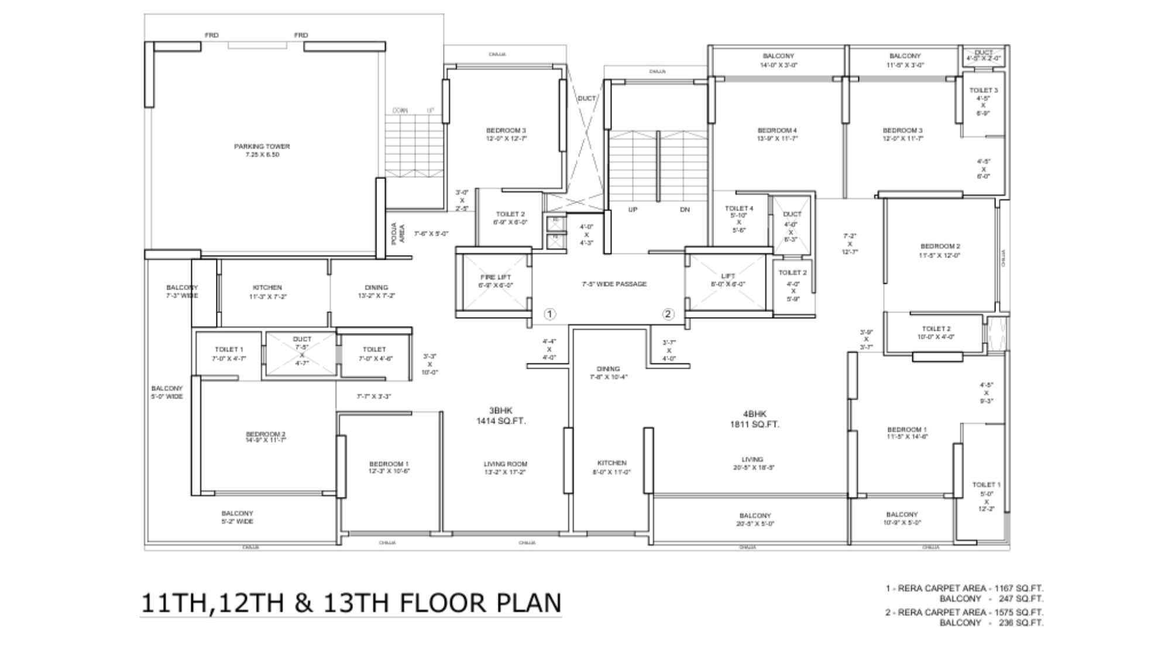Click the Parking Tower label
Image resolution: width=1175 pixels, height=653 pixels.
pos(262,150)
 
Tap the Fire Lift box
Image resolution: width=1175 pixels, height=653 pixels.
pos(495,281)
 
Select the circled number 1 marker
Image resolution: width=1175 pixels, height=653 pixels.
pos(549,314)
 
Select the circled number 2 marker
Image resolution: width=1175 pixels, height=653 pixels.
pos(668,314)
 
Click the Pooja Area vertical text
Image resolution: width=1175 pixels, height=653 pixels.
pos(397,233)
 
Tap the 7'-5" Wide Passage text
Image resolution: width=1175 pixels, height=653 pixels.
pos(614,284)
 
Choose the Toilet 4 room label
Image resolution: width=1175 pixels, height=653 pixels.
pos(739,219)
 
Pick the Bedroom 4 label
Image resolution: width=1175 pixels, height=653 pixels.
pos(777,134)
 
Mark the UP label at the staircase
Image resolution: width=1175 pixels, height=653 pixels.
pos(633,209)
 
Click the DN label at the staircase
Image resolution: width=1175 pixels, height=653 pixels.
pos(685,209)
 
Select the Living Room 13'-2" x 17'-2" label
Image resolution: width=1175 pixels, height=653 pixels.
pos(506,468)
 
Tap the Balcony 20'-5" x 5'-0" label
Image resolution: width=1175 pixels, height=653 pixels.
pos(755,520)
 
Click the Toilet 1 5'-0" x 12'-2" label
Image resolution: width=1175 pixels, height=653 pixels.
pos(986,496)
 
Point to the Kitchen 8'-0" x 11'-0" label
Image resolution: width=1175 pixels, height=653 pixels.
pos(611,467)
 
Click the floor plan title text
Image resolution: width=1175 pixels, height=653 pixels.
pos(351,603)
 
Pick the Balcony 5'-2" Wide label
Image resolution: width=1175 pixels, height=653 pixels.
pos(237,517)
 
